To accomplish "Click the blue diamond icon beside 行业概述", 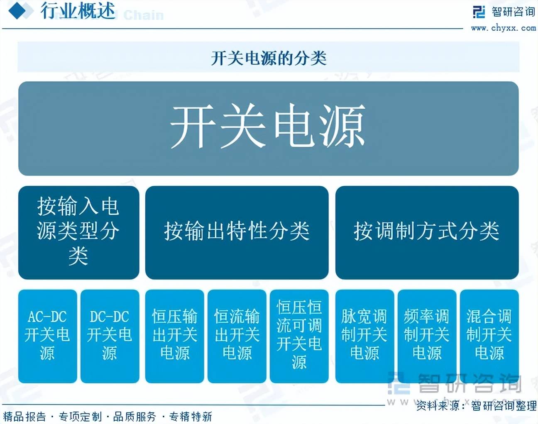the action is [x=21, y=11].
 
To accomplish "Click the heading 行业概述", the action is [x=78, y=10].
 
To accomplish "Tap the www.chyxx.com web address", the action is [x=504, y=28].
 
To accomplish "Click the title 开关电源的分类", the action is [x=269, y=58].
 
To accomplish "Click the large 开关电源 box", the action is [x=269, y=129].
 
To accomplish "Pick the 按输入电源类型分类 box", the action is [x=79, y=232].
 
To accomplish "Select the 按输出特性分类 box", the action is [x=237, y=232].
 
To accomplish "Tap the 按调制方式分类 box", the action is [x=427, y=232].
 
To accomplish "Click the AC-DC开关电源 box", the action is [x=47, y=336].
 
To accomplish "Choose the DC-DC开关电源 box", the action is [x=110, y=336].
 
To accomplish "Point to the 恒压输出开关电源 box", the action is [x=174, y=336].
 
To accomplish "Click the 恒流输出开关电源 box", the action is [x=237, y=336].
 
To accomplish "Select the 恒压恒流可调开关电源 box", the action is [x=299, y=336].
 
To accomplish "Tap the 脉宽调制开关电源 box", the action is [x=365, y=336].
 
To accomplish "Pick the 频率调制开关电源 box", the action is [x=427, y=336].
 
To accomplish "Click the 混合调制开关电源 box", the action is [x=489, y=336].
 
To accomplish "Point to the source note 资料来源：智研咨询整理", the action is [x=476, y=405].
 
